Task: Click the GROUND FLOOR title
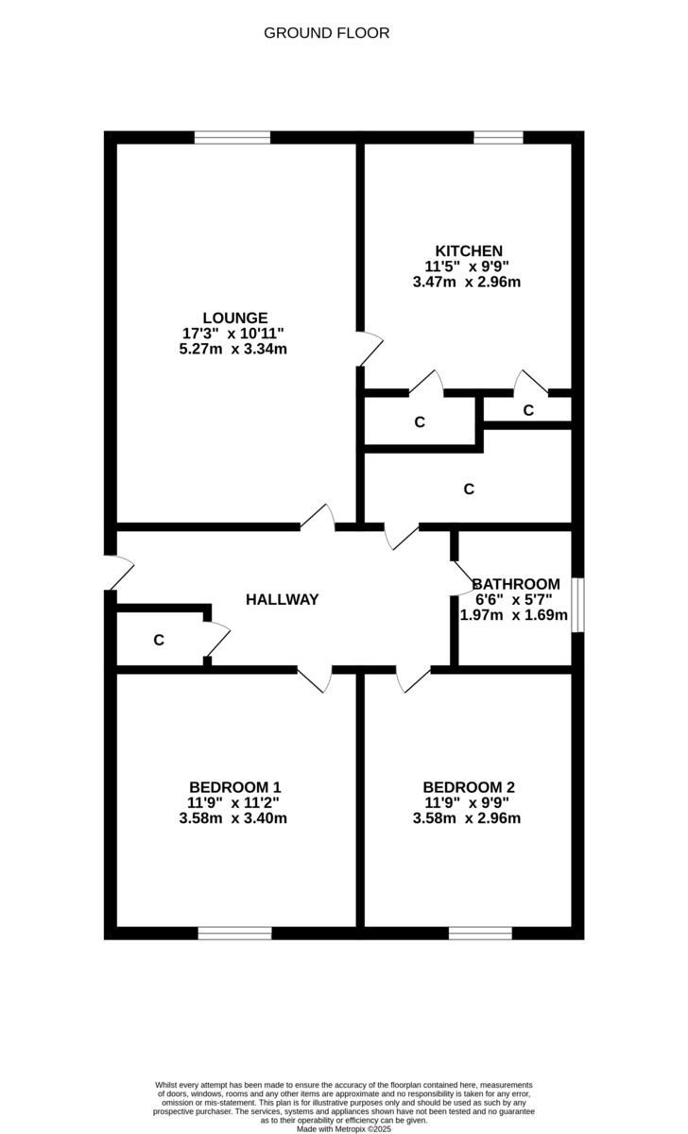(x=326, y=33)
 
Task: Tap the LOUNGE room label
(x=234, y=318)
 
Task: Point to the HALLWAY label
(x=282, y=599)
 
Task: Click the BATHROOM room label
(x=516, y=584)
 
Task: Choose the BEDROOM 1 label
(x=234, y=787)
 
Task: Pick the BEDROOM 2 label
(x=469, y=787)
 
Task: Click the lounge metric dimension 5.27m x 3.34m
(x=232, y=349)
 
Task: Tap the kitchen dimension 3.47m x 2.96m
(x=467, y=282)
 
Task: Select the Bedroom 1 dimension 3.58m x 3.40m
(x=232, y=818)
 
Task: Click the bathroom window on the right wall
(x=578, y=605)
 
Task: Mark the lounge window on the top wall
(x=232, y=137)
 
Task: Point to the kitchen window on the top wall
(x=498, y=137)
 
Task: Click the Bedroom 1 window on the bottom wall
(x=235, y=934)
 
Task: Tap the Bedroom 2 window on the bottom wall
(x=480, y=934)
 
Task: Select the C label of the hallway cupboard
(x=159, y=641)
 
